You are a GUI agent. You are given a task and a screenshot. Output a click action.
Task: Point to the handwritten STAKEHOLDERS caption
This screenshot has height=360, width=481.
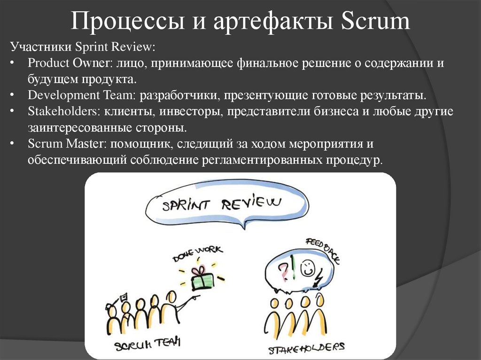tap(306, 348)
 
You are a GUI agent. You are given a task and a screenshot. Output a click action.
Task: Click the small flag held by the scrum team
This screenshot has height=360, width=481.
tap(124, 296)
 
